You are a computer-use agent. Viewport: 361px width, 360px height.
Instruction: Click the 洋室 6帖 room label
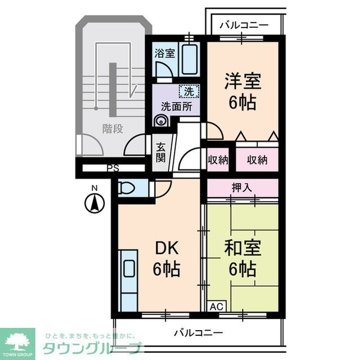[x=243, y=91]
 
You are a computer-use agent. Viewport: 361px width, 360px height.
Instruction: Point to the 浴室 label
[x=165, y=54]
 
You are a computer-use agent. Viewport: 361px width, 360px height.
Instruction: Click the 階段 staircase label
[x=112, y=128]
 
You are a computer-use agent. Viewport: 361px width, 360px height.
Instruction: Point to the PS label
[x=113, y=168]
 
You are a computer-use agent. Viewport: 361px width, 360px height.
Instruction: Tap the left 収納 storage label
[x=218, y=159]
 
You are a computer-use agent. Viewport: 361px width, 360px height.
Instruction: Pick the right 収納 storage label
[x=257, y=159]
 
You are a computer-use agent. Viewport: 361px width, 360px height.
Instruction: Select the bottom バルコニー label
[x=198, y=332]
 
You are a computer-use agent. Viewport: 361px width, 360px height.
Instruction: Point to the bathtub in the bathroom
[x=190, y=58]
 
